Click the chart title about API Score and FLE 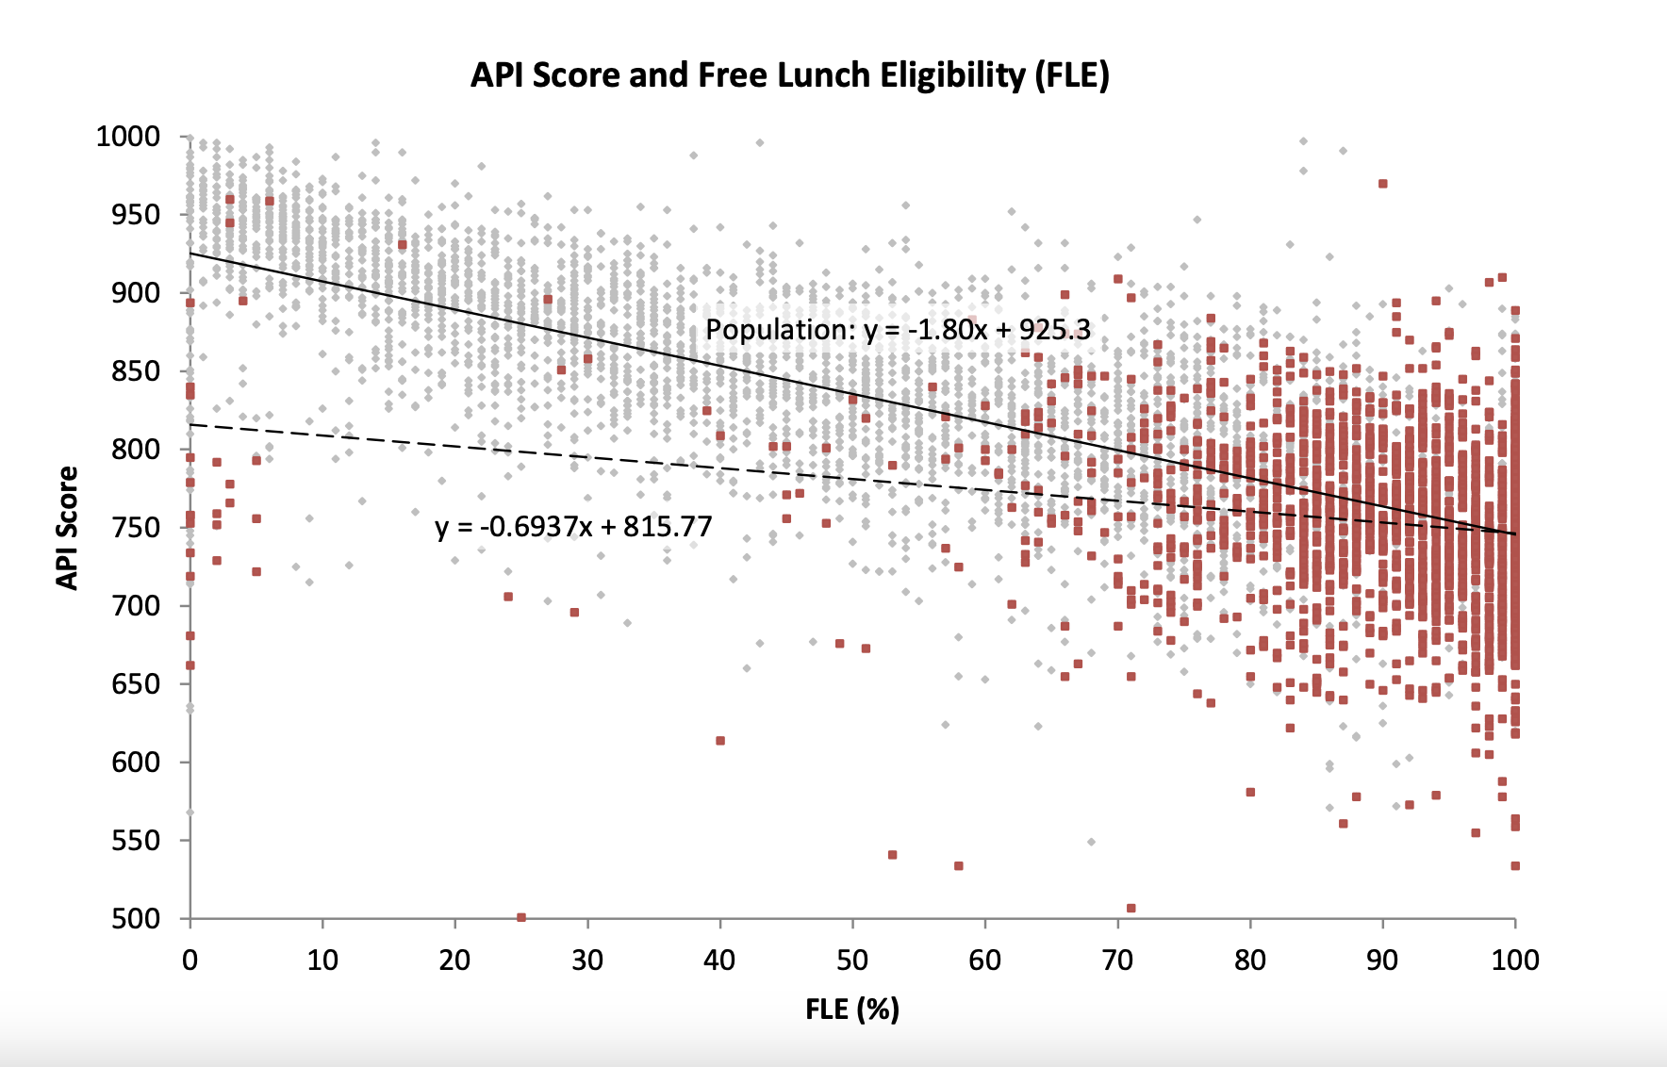coord(789,75)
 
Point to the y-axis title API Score coord(67,528)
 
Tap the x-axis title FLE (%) coord(852,1010)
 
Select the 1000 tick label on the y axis coord(128,137)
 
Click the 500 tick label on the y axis coord(136,919)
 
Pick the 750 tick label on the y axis coord(136,528)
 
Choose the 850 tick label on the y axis coord(136,371)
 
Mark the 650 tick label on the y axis coord(136,684)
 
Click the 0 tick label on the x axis coord(190,960)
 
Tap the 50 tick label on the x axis coord(852,960)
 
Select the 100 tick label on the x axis coord(1515,960)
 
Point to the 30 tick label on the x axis coord(587,960)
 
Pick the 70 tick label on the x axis coord(1117,960)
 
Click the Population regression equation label coord(898,330)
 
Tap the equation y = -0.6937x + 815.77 coord(573,526)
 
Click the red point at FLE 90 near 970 coord(1383,184)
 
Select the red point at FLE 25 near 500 coord(521,917)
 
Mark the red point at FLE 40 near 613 coord(720,741)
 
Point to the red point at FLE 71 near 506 coord(1131,909)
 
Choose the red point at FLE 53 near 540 coord(893,855)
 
